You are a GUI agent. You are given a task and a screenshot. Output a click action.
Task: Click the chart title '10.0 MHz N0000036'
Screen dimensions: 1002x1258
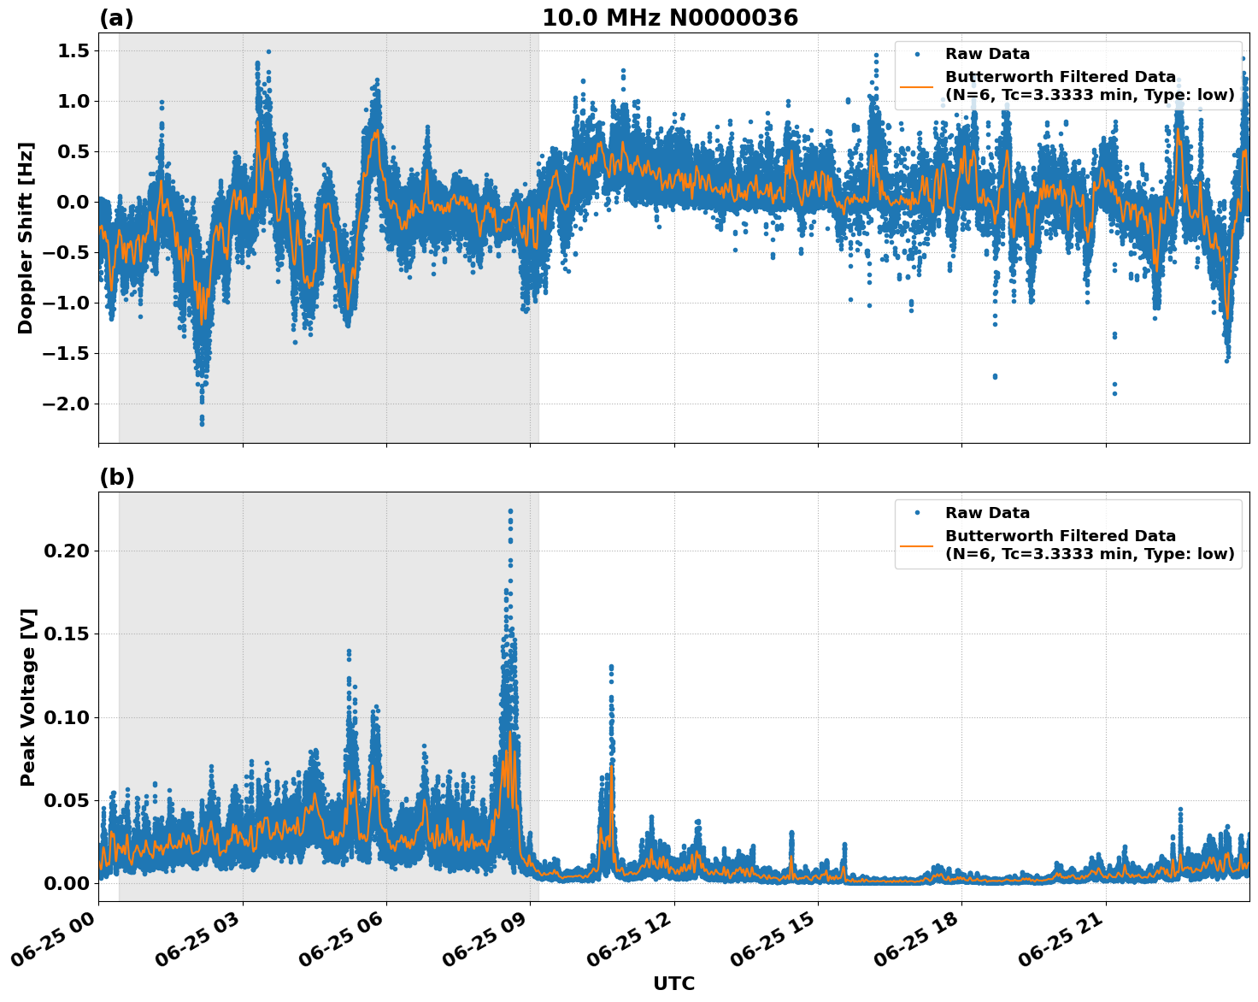[669, 18]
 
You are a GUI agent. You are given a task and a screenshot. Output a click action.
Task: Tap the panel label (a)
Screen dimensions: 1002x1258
[116, 18]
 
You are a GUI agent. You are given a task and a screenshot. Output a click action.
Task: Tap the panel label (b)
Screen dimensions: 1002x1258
[116, 477]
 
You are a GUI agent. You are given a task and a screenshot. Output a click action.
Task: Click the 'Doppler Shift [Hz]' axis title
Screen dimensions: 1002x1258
[26, 238]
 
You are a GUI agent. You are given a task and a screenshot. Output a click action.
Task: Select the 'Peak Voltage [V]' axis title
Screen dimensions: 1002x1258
[28, 697]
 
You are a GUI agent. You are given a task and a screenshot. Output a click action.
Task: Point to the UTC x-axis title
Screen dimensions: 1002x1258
[673, 983]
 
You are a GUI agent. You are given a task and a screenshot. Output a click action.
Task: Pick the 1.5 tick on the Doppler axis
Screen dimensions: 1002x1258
[73, 50]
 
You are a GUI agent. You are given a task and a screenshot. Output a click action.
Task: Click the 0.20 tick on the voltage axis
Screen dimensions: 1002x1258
[66, 551]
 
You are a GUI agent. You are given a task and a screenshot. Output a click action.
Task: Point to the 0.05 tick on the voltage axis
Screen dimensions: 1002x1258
[66, 800]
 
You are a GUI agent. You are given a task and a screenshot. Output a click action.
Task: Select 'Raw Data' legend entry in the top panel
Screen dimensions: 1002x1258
[987, 54]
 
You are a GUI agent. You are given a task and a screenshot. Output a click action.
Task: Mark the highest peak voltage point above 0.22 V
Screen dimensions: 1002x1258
[510, 511]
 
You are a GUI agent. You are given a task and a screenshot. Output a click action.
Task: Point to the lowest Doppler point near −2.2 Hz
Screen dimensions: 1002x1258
[202, 423]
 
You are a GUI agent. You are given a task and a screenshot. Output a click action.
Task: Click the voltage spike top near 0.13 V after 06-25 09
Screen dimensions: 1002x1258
[611, 667]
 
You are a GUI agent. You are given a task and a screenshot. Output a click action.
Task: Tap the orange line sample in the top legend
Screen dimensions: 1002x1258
[917, 86]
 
